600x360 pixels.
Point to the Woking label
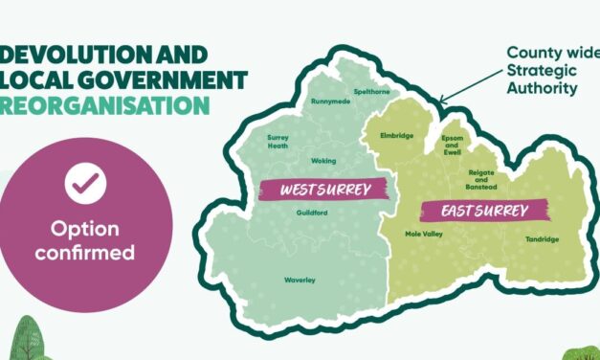tap(323, 161)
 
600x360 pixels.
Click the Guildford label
tap(312, 213)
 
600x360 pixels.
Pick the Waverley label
tap(300, 280)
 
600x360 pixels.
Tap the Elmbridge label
tap(396, 136)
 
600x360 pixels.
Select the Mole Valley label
tap(423, 234)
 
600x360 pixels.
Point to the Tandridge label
tap(543, 239)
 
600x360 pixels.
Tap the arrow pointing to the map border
tap(469, 86)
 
